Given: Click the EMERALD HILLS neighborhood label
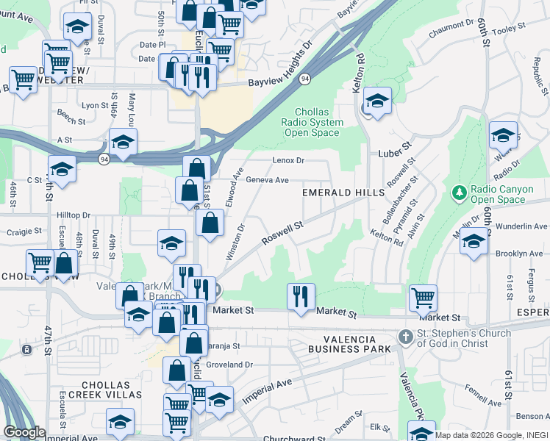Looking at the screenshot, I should point(343,193).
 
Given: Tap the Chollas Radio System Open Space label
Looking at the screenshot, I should point(312,122).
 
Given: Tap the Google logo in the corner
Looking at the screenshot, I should point(24,432).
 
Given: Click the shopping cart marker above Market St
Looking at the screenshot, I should point(423,297).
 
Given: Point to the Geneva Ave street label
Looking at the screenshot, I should point(267,179).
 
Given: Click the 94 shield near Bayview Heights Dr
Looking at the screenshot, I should point(304,78).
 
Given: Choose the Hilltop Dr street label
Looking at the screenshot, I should point(73,215).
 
